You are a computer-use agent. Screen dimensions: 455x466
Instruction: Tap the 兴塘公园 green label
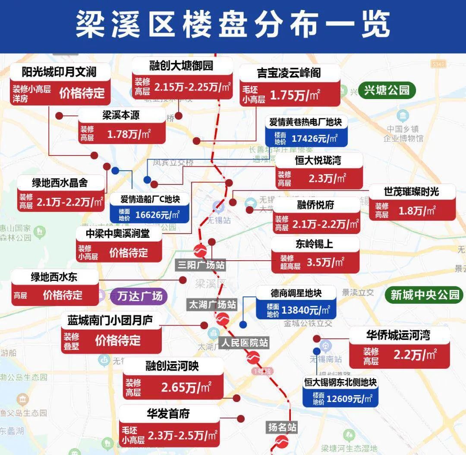click(386, 90)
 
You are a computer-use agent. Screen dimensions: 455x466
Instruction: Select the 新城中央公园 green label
click(425, 295)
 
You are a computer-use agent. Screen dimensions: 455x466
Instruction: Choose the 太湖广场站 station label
click(212, 305)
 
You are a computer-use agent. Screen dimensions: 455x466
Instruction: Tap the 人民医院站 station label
click(245, 343)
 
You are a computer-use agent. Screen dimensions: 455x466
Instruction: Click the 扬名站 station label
click(282, 427)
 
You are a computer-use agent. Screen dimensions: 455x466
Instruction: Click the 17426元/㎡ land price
click(314, 138)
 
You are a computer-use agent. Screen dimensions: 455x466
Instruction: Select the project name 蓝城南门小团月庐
click(110, 321)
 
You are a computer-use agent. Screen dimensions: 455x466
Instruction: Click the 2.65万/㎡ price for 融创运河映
click(186, 388)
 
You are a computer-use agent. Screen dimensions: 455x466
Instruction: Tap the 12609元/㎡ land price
click(349, 399)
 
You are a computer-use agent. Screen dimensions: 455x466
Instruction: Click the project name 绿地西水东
click(54, 277)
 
